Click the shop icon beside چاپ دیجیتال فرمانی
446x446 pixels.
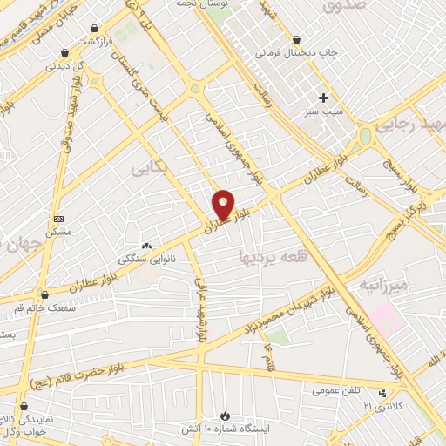click(299, 39)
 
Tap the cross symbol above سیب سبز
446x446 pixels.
click(323, 98)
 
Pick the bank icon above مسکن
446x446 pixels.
click(58, 219)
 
